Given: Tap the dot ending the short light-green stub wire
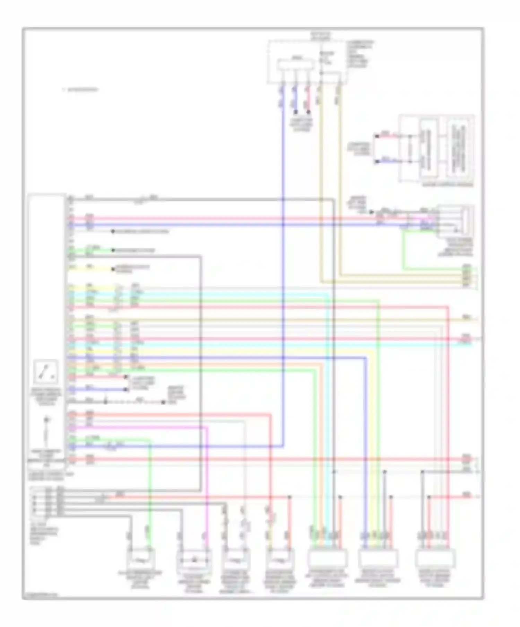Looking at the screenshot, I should coord(113,250).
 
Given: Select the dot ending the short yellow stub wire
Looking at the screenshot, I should coord(113,269).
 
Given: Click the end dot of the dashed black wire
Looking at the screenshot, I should coord(163,402).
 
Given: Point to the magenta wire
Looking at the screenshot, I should coord(207,478).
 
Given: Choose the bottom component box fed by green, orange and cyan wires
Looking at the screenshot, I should coord(327,558).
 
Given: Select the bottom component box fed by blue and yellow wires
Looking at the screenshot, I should coord(378,558).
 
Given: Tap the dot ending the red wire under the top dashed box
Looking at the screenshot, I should coord(308,112).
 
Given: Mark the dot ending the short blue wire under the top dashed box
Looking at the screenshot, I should coord(296,112).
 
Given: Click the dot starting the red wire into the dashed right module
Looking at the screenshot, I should coord(377,136).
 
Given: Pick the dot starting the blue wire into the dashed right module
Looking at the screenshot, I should coord(377,162).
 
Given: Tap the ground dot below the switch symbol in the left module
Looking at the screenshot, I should coord(46,420).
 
